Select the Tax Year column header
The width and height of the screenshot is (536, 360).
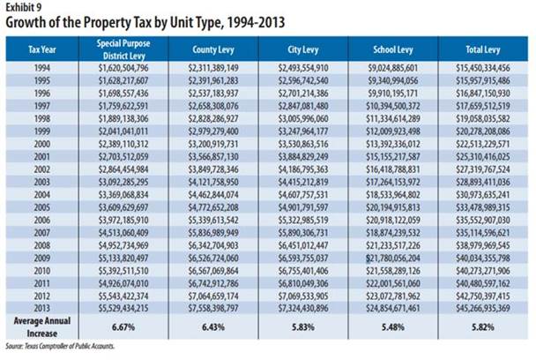41,48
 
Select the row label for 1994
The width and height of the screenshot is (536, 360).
41,68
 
